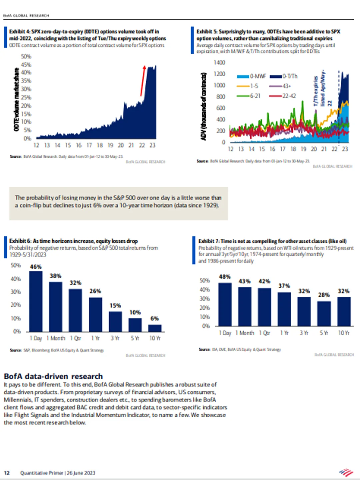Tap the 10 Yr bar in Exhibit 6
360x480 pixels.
pos(155,328)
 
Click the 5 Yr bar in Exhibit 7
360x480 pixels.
pos(324,313)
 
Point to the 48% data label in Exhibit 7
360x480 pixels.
pos(225,277)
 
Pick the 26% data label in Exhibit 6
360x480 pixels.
pos(95,291)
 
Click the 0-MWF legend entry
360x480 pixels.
pos(252,76)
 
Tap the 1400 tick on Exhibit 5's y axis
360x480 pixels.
pos(219,63)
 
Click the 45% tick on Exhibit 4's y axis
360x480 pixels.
pos(26,65)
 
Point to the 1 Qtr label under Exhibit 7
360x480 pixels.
pos(265,333)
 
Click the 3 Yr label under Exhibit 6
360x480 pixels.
pos(115,338)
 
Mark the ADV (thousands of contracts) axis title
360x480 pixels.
pos(204,106)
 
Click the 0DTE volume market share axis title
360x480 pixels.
pos(16,99)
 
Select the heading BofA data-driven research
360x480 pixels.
pos(53,376)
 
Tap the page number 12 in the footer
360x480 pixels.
pos(7,473)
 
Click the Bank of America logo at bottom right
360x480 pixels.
pos(346,472)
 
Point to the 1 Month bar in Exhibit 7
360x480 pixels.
pos(245,306)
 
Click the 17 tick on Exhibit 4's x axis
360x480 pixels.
pos(89,145)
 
